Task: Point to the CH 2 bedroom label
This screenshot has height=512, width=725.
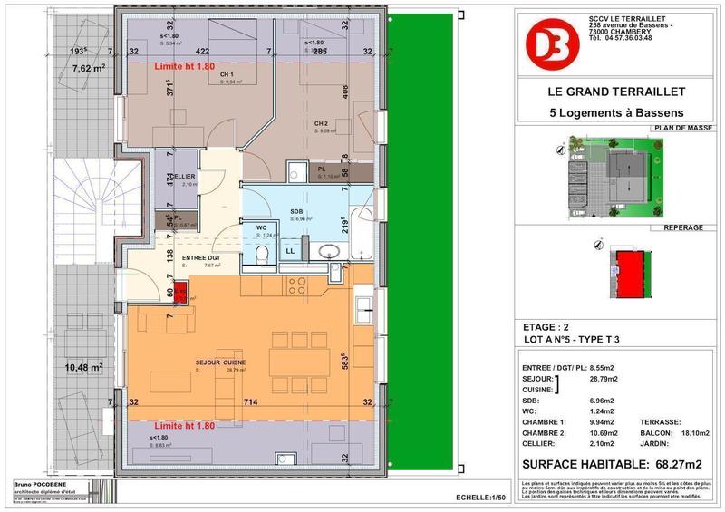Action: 322,123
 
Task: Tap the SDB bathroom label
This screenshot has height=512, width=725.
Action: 295,212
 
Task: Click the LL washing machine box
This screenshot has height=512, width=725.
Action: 292,249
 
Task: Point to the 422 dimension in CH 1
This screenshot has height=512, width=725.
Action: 204,51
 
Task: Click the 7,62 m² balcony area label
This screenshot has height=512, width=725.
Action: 90,69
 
